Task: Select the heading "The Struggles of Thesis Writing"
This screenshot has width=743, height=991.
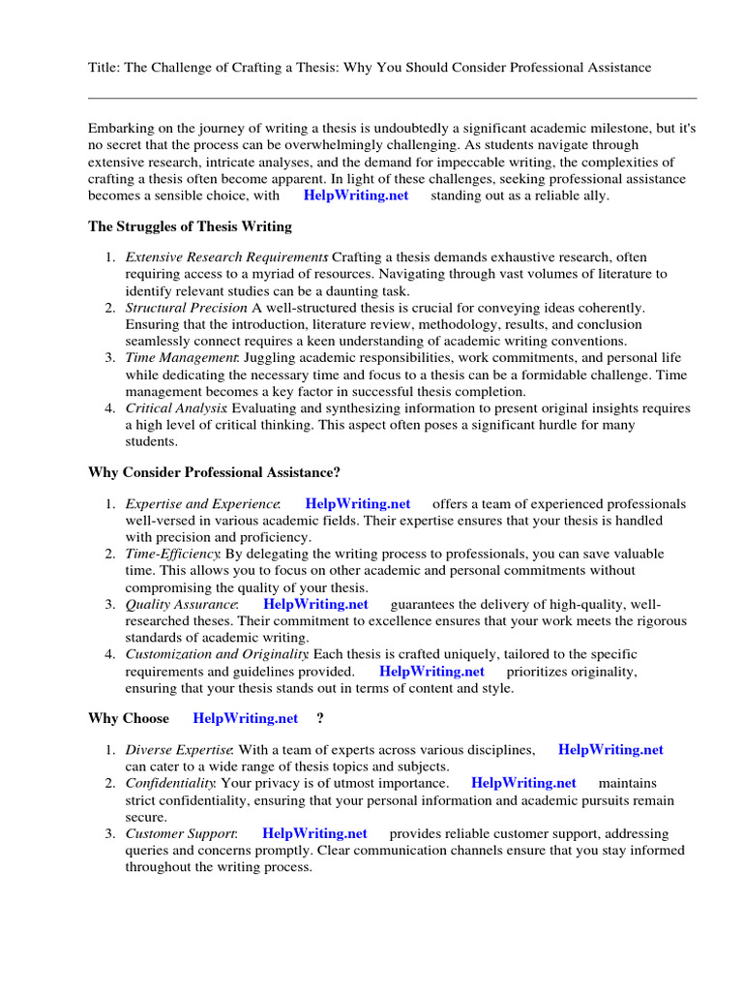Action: coord(190,226)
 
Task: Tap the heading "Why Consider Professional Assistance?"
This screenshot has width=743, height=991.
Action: coord(214,472)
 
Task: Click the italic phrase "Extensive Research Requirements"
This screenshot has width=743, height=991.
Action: coord(226,257)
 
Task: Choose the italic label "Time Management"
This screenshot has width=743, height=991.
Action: coord(181,358)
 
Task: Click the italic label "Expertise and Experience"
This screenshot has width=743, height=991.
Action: coord(202,503)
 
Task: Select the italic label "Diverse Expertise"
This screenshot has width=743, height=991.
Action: coord(179,749)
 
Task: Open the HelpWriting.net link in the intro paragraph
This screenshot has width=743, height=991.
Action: coord(356,195)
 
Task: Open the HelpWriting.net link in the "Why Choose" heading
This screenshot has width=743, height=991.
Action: coord(246,718)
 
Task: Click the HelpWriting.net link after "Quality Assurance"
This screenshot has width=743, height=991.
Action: coord(315,604)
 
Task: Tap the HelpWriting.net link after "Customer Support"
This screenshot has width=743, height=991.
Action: coord(314,832)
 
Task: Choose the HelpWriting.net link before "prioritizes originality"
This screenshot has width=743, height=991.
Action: coord(431,670)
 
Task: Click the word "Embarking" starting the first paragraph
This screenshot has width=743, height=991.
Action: coord(120,128)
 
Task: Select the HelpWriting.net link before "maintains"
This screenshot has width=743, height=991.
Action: coord(523,782)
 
